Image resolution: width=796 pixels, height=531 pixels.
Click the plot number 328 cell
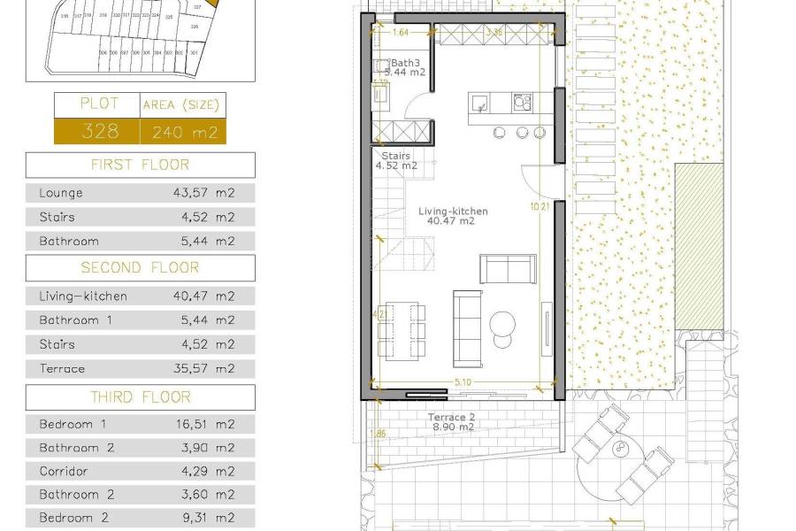(100, 132)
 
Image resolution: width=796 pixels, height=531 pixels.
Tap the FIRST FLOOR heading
(140, 165)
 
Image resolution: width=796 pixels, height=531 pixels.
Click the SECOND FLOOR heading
(140, 267)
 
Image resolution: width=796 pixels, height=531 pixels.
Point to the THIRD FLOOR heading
(140, 397)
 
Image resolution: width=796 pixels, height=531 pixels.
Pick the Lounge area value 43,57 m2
(203, 193)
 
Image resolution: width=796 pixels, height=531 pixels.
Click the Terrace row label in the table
(62, 368)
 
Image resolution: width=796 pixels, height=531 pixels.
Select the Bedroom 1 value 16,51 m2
(203, 425)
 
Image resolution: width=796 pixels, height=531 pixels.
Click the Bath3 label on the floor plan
(405, 64)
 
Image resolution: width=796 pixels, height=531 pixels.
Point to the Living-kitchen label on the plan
(452, 212)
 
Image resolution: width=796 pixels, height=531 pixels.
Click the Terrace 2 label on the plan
(451, 417)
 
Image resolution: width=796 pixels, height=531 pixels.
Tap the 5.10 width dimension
(462, 382)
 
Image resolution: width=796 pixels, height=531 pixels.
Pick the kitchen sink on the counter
(482, 104)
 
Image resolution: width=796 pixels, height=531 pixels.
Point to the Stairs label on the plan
(396, 156)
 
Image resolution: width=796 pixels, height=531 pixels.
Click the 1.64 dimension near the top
(400, 33)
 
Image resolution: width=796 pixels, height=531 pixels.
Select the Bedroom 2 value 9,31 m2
(203, 518)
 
